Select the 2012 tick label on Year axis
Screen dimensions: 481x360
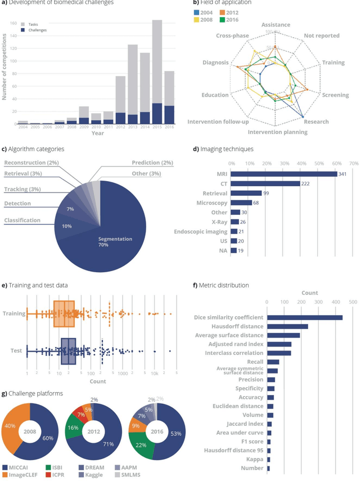coord(120,128)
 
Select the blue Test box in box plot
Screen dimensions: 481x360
coord(67,350)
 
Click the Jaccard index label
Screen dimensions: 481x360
coord(242,424)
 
